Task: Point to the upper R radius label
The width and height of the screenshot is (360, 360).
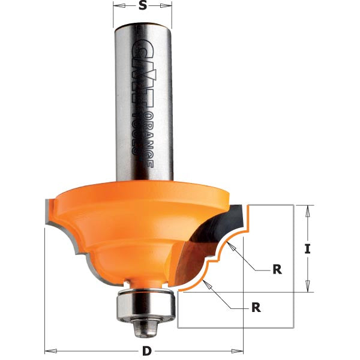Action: tap(277, 269)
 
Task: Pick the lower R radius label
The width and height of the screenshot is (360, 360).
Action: tap(256, 308)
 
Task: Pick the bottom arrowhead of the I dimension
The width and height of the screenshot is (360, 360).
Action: tap(307, 289)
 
